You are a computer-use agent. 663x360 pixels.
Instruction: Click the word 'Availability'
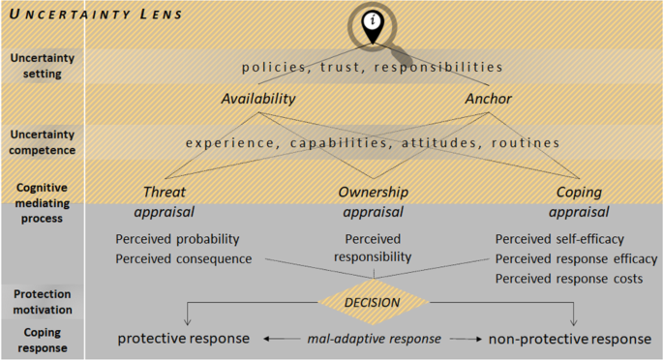pos(257,99)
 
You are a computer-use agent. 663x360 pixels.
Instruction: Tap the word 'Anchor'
pos(488,99)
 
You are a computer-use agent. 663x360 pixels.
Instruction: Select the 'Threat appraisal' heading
pos(164,201)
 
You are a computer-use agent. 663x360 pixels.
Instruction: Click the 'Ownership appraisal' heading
pos(373,201)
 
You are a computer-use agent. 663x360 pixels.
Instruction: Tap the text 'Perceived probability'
pos(178,239)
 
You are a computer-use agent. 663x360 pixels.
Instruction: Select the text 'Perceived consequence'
pos(183,258)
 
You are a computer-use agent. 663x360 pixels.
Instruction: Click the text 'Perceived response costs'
pos(568,279)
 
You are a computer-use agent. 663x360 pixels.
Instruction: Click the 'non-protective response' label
pos(568,339)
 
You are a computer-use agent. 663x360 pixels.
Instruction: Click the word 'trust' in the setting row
pos(347,67)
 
